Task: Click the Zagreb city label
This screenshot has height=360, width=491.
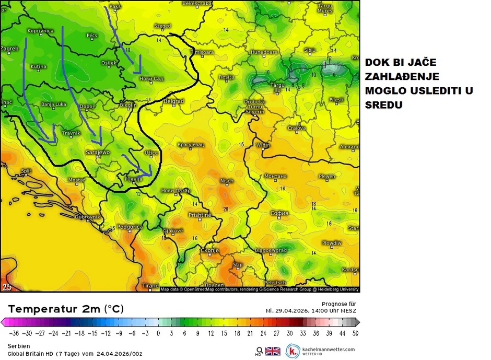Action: point(10,49)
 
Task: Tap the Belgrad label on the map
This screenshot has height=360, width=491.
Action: point(174,101)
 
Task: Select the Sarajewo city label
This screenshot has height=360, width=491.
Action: point(98,152)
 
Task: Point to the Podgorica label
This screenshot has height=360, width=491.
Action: point(130,227)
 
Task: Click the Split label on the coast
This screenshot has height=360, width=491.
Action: point(26,171)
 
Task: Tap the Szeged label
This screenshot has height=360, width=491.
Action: point(162,26)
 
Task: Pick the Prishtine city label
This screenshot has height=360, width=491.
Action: point(200,215)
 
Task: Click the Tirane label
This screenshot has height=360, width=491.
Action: point(150,286)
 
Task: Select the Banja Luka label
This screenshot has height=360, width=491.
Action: point(54,104)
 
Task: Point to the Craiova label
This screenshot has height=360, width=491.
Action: point(296,128)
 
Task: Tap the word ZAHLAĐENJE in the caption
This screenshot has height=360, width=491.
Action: point(402,77)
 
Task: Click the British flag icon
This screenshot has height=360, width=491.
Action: point(273,351)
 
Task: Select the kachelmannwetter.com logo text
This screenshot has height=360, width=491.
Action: point(328,349)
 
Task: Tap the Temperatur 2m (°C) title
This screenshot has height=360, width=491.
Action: point(65,309)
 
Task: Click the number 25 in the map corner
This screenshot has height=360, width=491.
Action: point(7,286)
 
